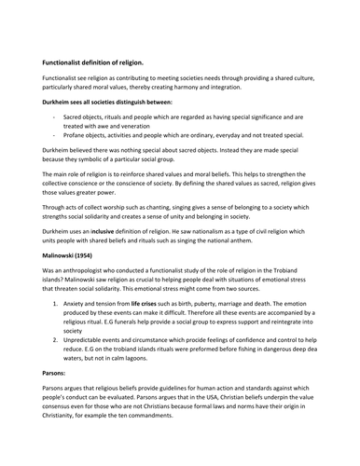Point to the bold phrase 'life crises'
click(x=152, y=304)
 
